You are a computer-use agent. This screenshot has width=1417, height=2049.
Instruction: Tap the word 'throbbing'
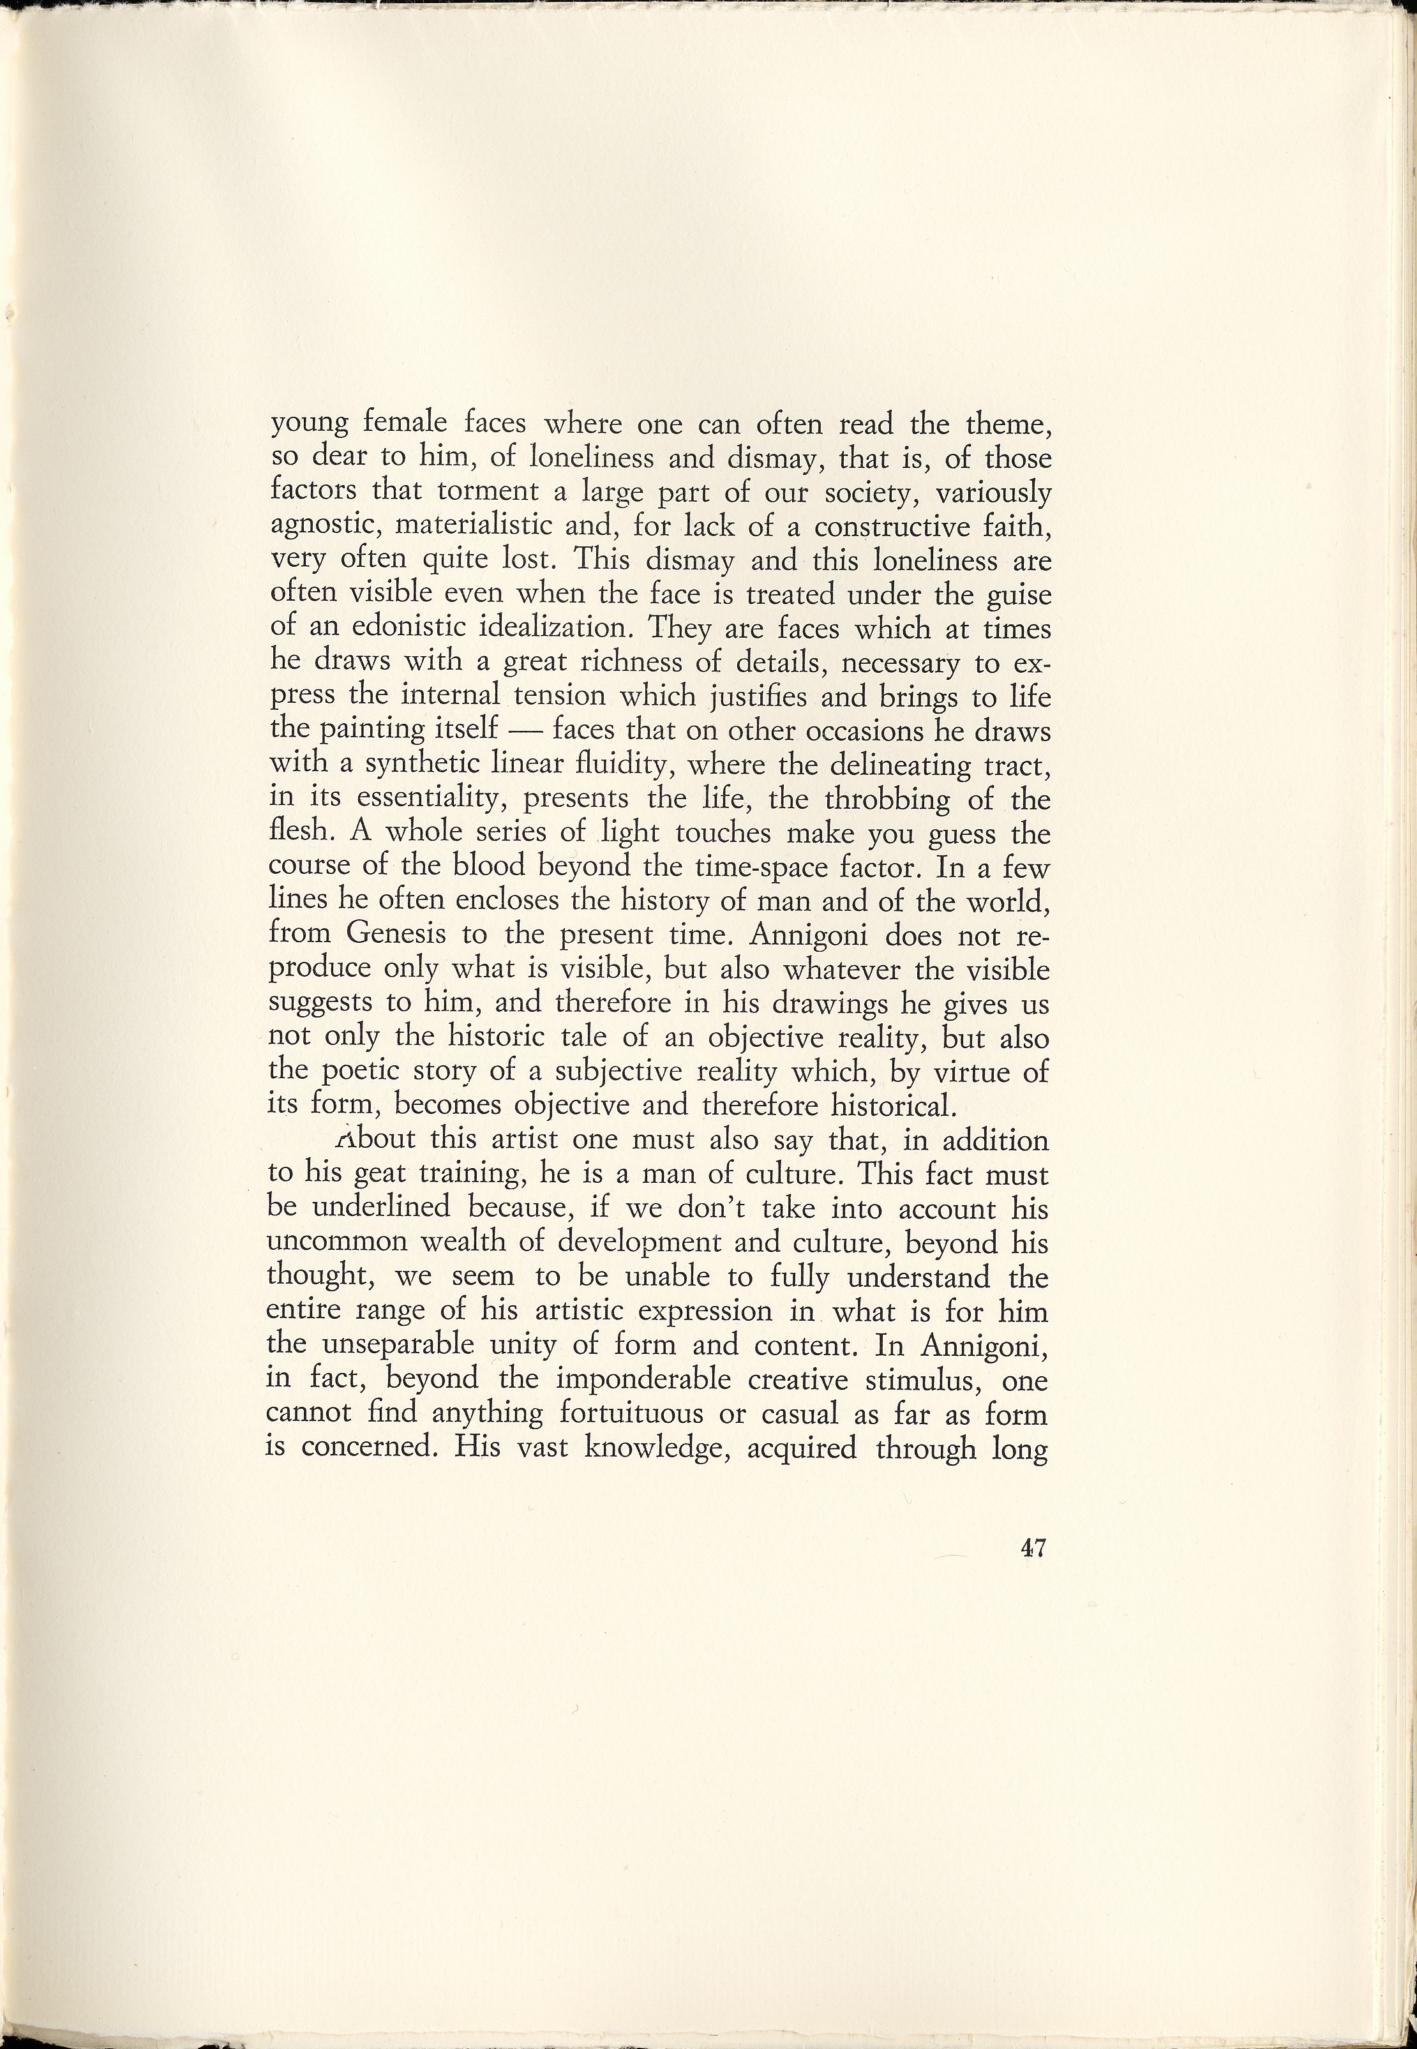890,800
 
